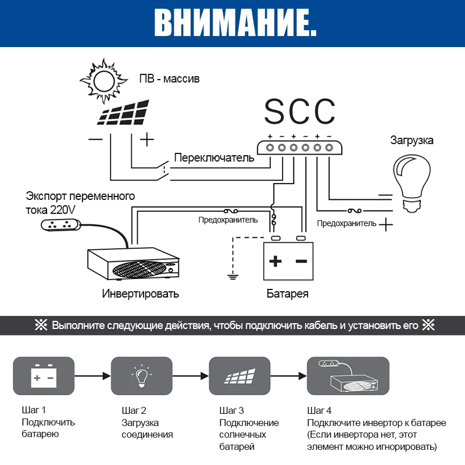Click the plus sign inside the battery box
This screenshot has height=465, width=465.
276,261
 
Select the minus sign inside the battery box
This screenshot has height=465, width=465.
301,261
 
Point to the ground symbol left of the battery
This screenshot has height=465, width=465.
233,274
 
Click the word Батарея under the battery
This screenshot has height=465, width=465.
287,294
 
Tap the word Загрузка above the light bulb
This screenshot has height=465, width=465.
412,141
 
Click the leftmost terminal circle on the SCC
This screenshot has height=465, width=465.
270,148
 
